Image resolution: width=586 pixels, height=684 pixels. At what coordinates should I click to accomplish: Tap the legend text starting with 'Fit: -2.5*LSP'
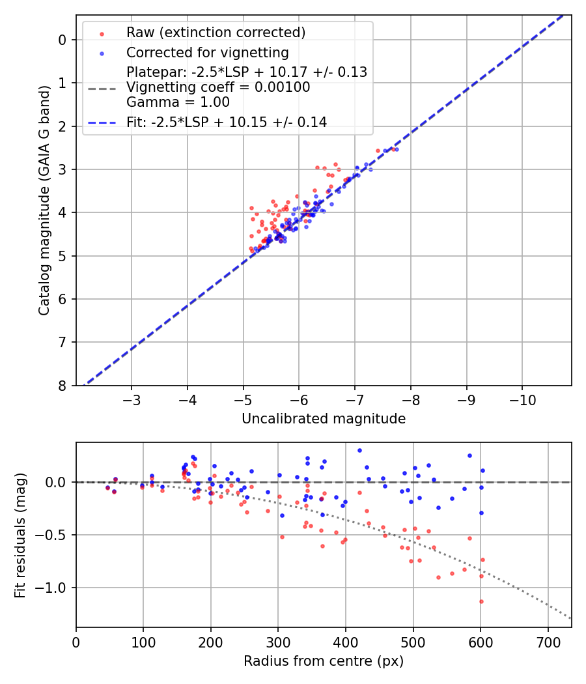tap(227, 122)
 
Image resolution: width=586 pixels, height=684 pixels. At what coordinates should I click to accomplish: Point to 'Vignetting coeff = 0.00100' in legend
tap(218, 87)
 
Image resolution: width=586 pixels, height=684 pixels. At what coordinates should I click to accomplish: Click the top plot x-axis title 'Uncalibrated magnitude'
tap(324, 419)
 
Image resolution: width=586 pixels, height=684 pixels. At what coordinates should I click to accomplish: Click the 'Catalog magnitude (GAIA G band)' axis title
tap(44, 212)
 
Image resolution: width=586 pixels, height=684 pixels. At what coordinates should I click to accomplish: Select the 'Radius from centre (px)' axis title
tap(324, 661)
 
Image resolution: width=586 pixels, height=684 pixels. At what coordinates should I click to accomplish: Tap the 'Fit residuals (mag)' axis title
tap(21, 535)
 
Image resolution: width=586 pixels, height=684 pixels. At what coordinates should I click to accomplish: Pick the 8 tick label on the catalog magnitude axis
tap(63, 386)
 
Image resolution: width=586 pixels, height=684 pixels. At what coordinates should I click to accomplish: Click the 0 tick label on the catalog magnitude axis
tap(63, 40)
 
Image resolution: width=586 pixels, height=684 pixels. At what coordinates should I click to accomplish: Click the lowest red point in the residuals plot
tap(481, 601)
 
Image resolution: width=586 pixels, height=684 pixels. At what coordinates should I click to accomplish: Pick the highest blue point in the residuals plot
tap(359, 450)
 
